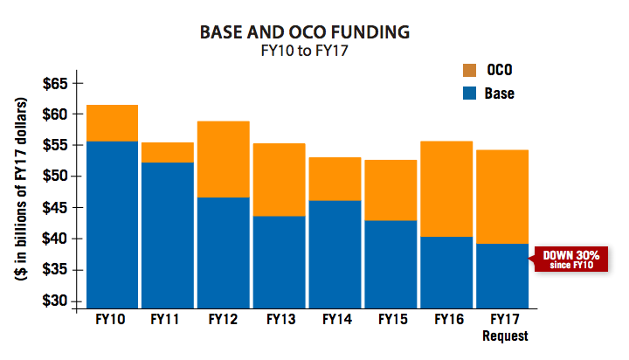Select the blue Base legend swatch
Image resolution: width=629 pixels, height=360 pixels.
[x=468, y=93]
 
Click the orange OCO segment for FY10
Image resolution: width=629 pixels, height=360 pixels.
[x=113, y=123]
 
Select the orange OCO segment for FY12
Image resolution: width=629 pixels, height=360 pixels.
[x=223, y=160]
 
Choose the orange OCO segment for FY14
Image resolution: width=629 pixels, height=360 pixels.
[x=335, y=179]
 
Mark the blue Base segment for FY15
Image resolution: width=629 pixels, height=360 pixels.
[x=391, y=261]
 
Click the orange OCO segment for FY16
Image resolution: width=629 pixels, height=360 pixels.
[x=446, y=189]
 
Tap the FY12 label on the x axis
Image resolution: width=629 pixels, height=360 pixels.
[x=223, y=320]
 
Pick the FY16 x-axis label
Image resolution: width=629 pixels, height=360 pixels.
[x=446, y=320]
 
